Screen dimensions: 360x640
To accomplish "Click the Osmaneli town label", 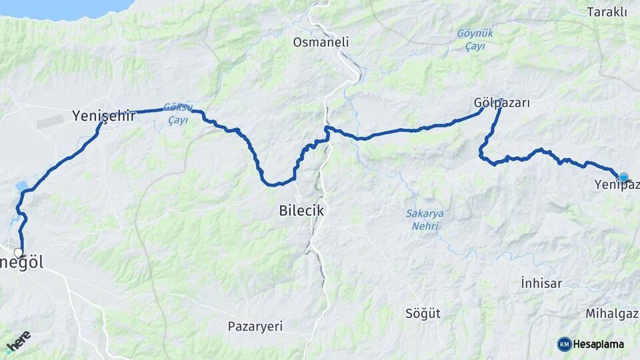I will pyautogui.click(x=321, y=42).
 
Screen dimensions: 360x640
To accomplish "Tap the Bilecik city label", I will pyautogui.click(x=301, y=211).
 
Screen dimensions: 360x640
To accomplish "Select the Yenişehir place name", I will pyautogui.click(x=103, y=116).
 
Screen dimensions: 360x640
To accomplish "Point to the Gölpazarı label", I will pyautogui.click(x=501, y=103).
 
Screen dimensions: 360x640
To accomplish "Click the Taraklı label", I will pyautogui.click(x=607, y=12).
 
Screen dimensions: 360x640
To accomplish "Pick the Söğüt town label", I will pyautogui.click(x=423, y=313).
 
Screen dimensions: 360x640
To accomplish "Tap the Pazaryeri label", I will pyautogui.click(x=255, y=327).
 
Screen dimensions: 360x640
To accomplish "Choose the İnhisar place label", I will pyautogui.click(x=541, y=283).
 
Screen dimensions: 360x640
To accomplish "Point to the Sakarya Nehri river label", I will pyautogui.click(x=425, y=219).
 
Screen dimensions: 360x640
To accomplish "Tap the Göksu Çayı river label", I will pyautogui.click(x=177, y=113).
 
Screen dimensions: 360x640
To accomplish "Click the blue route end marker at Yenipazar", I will pyautogui.click(x=623, y=177).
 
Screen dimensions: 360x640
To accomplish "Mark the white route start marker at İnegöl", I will pyautogui.click(x=19, y=253).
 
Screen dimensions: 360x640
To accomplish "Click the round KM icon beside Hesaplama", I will pyautogui.click(x=565, y=344).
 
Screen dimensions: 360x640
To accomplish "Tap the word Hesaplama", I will pyautogui.click(x=599, y=344).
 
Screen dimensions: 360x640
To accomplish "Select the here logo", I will pyautogui.click(x=17, y=341).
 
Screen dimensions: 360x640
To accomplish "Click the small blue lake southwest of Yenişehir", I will pyautogui.click(x=20, y=185).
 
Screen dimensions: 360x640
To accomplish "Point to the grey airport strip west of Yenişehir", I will pyautogui.click(x=50, y=123).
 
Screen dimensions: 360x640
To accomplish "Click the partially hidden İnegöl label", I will pyautogui.click(x=27, y=263).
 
